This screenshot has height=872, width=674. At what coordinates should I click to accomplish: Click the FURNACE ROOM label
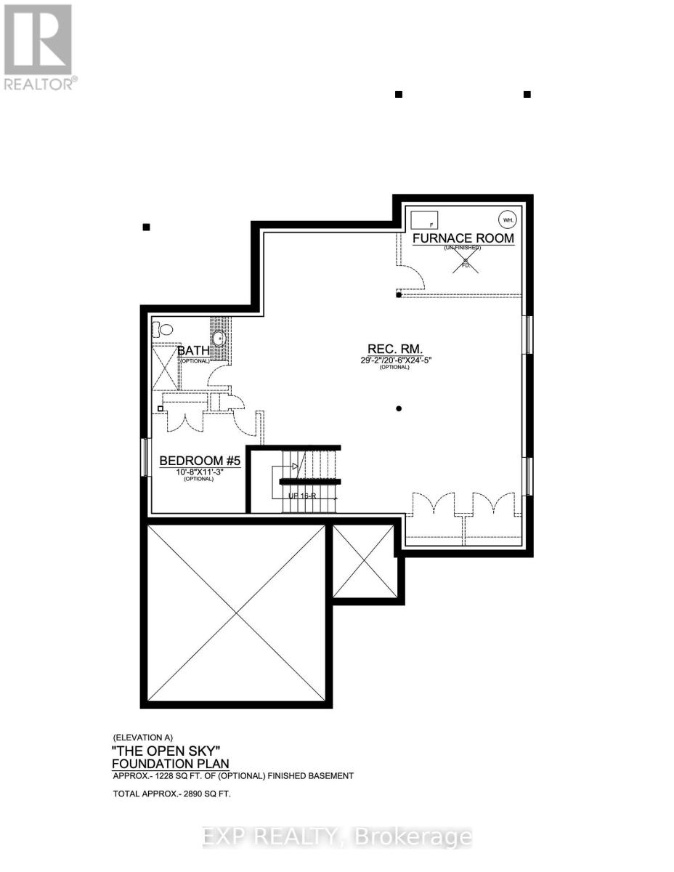pos(463,238)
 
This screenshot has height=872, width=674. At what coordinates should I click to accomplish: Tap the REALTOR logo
pos(38,47)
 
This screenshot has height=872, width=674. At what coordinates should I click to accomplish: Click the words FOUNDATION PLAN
pos(170,763)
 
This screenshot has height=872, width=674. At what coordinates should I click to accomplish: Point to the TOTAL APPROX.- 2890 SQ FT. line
pos(171,794)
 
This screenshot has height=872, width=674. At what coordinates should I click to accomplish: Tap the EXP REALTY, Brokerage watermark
pos(337,838)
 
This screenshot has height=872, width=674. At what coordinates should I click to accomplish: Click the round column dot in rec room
pos(399,408)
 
